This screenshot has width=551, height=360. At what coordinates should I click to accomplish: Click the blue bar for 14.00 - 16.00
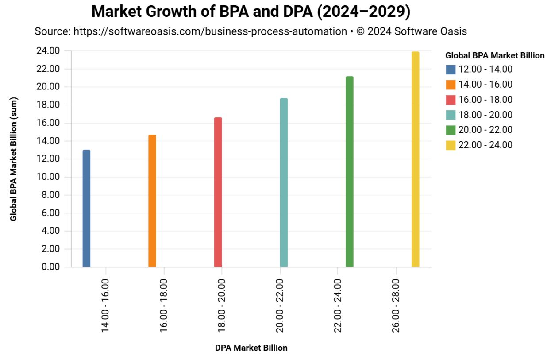[86, 209]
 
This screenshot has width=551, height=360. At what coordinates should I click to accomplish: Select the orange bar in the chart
[152, 201]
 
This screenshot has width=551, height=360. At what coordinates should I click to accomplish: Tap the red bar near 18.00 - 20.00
[218, 192]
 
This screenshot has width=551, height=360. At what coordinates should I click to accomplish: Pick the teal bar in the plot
[284, 182]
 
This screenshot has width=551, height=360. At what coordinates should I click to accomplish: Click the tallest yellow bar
[415, 159]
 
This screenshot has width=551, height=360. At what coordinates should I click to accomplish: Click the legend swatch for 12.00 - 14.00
[451, 70]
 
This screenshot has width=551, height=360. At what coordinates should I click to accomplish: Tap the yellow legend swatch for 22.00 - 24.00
[451, 145]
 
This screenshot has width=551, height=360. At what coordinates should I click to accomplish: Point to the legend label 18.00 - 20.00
[485, 115]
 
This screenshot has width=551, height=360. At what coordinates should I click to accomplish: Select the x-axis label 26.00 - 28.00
[395, 306]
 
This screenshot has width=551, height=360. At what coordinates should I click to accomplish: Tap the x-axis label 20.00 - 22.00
[279, 306]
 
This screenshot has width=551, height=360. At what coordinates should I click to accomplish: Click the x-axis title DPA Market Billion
[251, 348]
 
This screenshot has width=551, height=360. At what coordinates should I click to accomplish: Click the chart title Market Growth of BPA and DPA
[250, 12]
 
